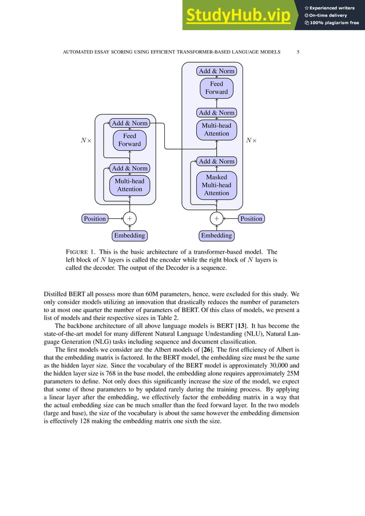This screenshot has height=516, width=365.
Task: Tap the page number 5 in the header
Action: pos(298,52)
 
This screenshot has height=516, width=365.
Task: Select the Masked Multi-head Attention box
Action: pos(216,185)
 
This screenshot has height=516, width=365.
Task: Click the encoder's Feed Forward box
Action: pos(129,140)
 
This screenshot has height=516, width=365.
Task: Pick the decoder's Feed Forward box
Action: pos(216,88)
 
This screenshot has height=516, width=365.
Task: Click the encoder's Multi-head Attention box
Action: pos(129,185)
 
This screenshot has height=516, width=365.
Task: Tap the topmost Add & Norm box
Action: pos(216,71)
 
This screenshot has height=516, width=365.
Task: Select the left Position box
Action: pos(94,218)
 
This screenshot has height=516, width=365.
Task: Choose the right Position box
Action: pos(251,218)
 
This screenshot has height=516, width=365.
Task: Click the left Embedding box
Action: pos(129,235)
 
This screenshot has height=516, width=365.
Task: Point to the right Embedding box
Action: pos(216,235)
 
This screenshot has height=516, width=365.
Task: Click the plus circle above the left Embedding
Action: pos(129,218)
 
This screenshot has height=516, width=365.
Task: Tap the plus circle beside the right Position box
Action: pos(216,218)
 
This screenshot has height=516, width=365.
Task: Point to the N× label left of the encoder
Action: pos(85,140)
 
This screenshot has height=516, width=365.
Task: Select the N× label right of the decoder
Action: pos(251,140)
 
